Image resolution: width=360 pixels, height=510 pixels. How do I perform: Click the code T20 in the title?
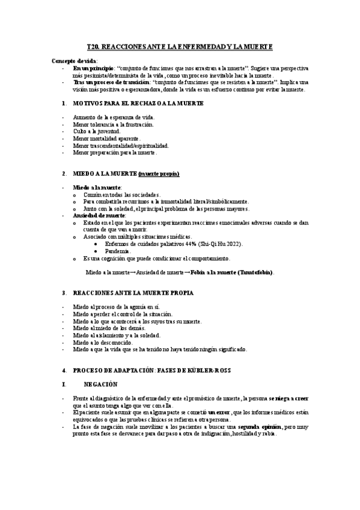point(93,46)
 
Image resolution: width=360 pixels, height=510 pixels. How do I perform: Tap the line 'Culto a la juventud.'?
point(96,131)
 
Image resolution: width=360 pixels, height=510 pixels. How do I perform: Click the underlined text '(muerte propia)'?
point(159,173)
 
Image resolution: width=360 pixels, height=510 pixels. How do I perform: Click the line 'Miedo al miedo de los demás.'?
point(111,328)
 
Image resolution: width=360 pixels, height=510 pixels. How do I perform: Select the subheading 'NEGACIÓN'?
point(101,383)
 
